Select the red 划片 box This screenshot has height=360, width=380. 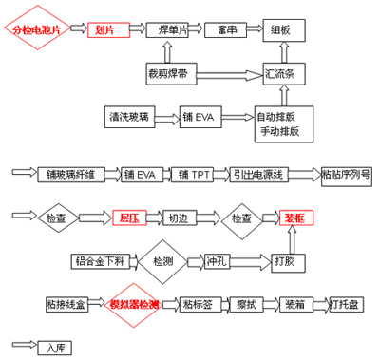click(x=106, y=30)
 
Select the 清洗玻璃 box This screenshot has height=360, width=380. click(x=129, y=118)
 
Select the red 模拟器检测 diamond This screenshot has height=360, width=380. click(x=135, y=305)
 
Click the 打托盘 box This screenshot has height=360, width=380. click(x=349, y=305)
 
